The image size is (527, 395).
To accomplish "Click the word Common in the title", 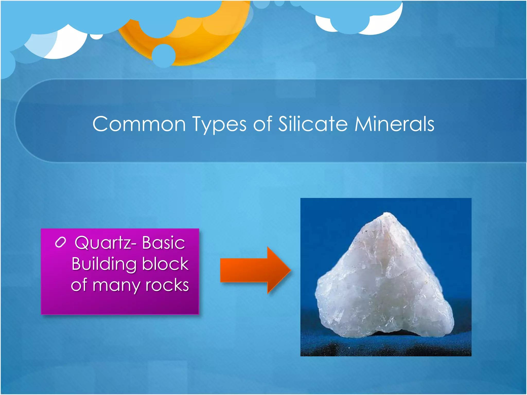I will [139, 124].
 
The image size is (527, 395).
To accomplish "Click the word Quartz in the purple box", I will [103, 243].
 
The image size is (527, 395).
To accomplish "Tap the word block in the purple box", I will [165, 264].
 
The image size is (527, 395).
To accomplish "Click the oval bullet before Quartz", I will [60, 242].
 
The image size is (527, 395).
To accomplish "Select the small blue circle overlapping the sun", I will [164, 56].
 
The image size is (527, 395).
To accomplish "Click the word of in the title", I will [262, 124].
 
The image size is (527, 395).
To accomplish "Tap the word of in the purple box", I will [79, 285].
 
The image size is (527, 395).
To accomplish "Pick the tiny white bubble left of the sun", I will [97, 37].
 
